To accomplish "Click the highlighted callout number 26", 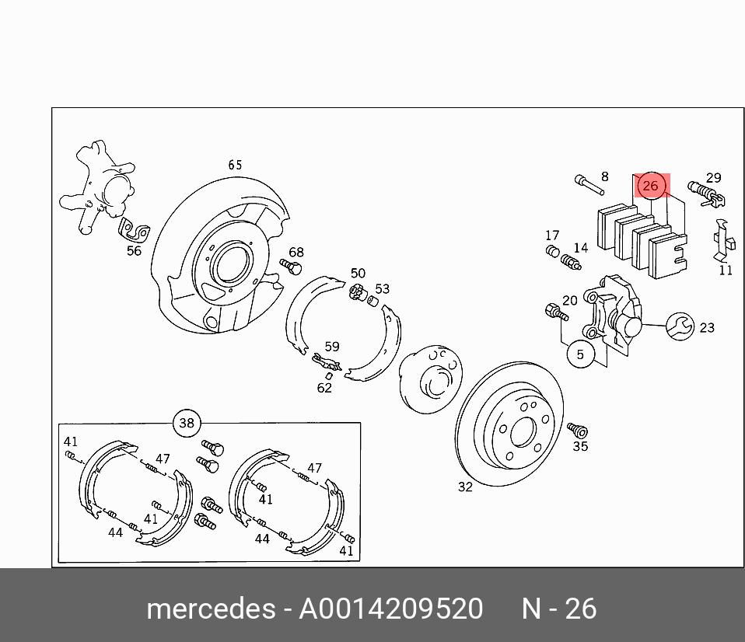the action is tap(651, 185).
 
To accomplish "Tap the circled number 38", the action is tap(187, 423).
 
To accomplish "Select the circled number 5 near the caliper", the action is tap(580, 354).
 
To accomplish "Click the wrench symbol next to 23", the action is tap(680, 326).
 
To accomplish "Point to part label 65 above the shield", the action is tap(235, 165).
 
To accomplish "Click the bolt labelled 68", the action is tap(291, 266).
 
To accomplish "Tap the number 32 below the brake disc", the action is tap(465, 487).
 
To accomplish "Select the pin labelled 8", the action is tap(589, 185).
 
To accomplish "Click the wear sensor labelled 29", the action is tap(707, 194).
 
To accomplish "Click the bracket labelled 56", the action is tap(134, 229).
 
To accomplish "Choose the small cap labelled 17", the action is tap(553, 251).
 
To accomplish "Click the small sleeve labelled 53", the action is tap(373, 301).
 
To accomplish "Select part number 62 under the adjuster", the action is tap(324, 388).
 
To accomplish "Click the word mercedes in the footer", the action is tap(211, 609).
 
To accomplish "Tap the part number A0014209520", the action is tap(390, 609).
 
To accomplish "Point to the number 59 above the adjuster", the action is tap(332, 346).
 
